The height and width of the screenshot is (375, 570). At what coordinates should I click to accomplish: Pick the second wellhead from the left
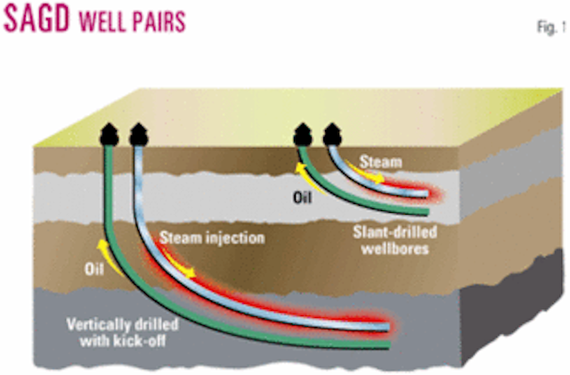point(139,135)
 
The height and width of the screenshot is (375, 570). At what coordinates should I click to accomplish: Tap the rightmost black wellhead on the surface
point(331,133)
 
